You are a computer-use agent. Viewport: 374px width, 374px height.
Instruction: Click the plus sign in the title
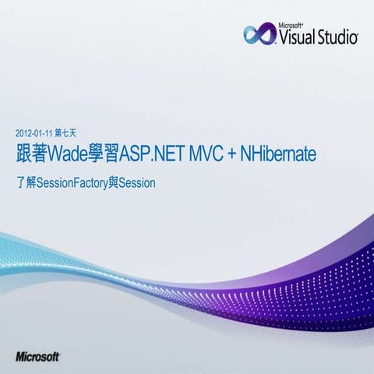tap(232, 155)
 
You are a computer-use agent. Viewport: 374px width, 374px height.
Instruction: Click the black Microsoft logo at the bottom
tap(37, 356)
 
